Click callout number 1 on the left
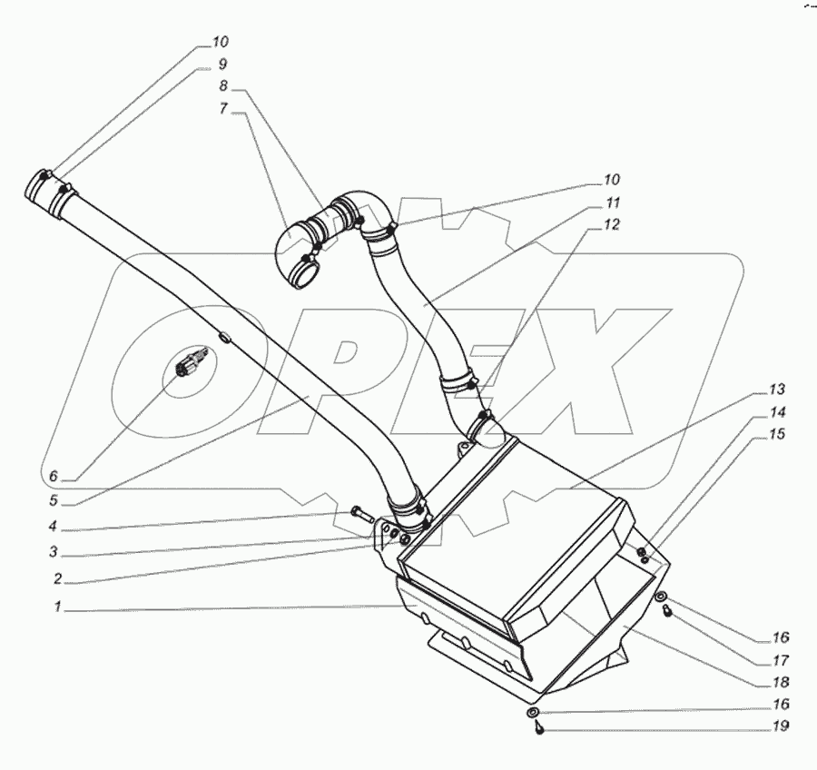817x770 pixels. pyautogui.click(x=56, y=608)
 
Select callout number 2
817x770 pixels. pyautogui.click(x=56, y=577)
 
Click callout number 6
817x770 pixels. pyautogui.click(x=54, y=476)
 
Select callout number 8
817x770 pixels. pyautogui.click(x=223, y=87)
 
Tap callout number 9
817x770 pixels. pyautogui.click(x=221, y=64)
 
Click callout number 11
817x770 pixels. pyautogui.click(x=614, y=202)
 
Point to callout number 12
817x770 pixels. pyautogui.click(x=614, y=225)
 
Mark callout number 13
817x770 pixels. pyautogui.click(x=776, y=390)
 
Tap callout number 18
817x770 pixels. pyautogui.click(x=782, y=682)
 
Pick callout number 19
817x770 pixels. pyautogui.click(x=782, y=726)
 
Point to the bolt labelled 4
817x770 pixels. pyautogui.click(x=359, y=515)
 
